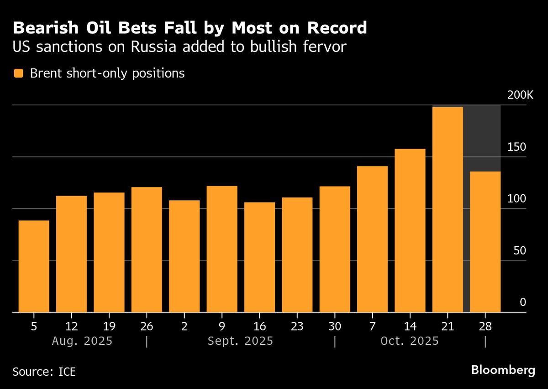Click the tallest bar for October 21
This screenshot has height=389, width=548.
click(x=448, y=210)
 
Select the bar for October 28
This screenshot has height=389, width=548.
click(x=485, y=242)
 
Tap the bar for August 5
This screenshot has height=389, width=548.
click(x=34, y=266)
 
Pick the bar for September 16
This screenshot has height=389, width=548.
click(x=259, y=257)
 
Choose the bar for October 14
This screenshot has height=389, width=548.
click(x=410, y=230)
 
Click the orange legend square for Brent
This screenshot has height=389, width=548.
click(x=18, y=73)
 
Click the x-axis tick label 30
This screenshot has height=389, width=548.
click(x=335, y=326)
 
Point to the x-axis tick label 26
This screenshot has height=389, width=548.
click(x=147, y=326)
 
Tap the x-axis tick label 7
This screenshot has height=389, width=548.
click(x=372, y=326)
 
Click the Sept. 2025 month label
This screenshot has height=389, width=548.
click(x=240, y=341)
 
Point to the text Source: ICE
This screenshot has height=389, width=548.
click(x=44, y=372)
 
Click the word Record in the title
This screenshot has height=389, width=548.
click(x=337, y=28)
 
